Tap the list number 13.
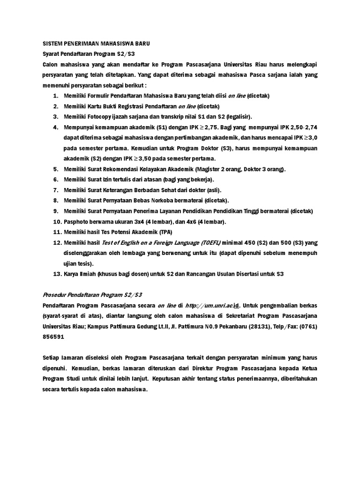coord(57,273)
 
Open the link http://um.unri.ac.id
coord(212,305)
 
